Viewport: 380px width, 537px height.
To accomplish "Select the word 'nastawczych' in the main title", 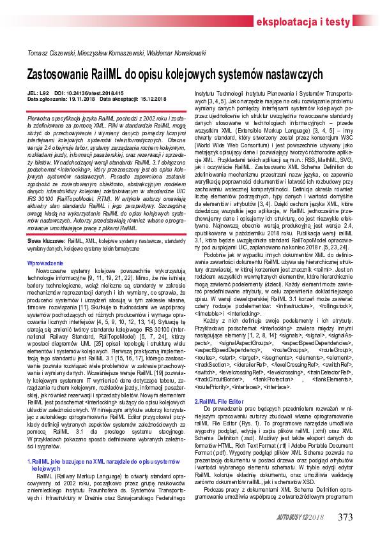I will click(278, 73).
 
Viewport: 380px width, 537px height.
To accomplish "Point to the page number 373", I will click(344, 516).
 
